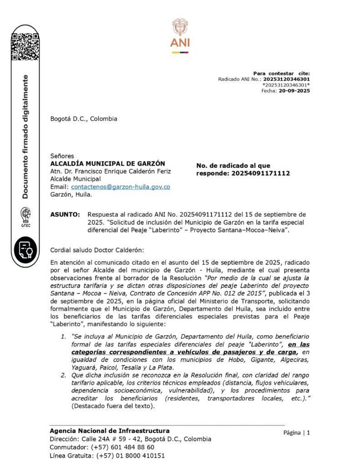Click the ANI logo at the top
(180, 35)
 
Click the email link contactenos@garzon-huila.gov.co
(121, 187)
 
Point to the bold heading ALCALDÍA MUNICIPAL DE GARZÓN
(107, 163)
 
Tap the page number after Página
(308, 433)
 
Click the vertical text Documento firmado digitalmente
(25, 137)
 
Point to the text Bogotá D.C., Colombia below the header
(83, 119)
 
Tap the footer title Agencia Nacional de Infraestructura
(109, 431)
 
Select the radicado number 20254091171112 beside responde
(260, 173)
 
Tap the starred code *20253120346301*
(286, 85)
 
